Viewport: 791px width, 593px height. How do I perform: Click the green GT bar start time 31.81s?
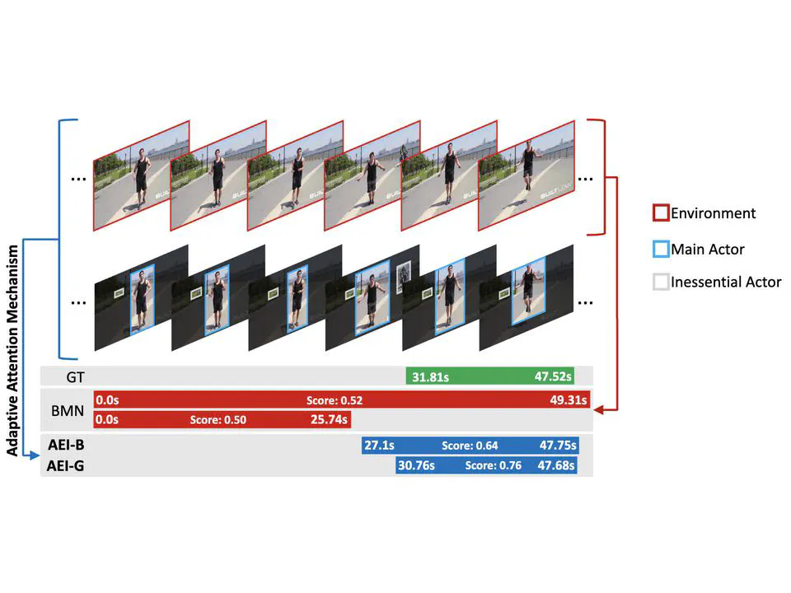[430, 376]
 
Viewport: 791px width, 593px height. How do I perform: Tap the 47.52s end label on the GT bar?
[553, 376]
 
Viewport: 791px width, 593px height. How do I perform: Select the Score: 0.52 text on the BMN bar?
[335, 400]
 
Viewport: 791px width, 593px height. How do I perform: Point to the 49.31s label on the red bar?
[569, 400]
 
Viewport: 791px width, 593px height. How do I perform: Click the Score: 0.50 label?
[218, 419]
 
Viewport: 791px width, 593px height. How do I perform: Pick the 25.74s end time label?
[329, 419]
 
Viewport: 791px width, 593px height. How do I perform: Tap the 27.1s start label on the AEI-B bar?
[379, 446]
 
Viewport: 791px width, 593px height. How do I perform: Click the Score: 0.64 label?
[470, 446]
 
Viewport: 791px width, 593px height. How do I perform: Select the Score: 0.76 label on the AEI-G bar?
[493, 465]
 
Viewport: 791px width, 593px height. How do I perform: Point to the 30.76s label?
[416, 465]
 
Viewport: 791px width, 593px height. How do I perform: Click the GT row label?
[75, 377]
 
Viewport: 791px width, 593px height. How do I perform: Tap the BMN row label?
[68, 410]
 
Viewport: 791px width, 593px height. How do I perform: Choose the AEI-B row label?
[66, 445]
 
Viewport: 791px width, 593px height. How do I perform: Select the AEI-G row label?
[66, 466]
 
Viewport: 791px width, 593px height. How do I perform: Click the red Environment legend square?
[661, 212]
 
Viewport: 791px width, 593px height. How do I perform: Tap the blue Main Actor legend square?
[661, 249]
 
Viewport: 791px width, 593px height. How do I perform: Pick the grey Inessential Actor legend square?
[661, 282]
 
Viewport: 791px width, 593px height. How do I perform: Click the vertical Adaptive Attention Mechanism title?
[12, 351]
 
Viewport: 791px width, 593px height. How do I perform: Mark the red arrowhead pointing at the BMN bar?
[599, 410]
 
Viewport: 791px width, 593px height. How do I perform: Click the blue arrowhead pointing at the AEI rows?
[35, 455]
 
